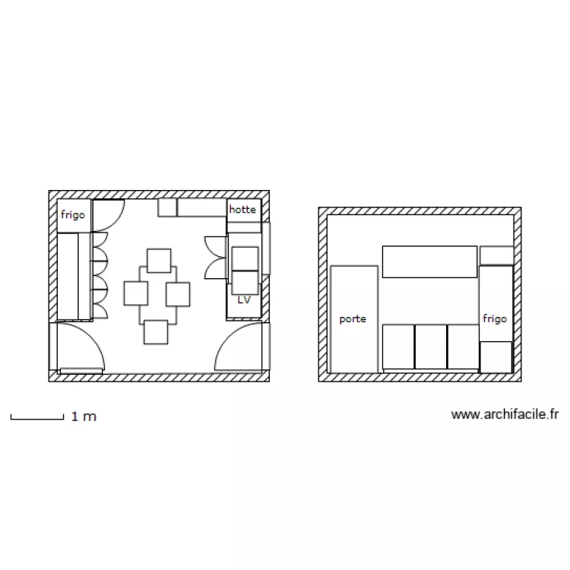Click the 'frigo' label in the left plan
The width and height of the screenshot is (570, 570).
74,215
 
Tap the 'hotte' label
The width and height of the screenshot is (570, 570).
242,208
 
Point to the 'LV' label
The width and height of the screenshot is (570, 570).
244,300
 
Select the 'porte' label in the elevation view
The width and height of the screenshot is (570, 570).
353,319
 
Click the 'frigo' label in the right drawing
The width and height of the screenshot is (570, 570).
494,319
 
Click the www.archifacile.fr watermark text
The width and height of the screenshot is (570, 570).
505,414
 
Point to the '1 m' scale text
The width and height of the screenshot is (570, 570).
84,416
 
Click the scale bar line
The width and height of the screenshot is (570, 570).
36,418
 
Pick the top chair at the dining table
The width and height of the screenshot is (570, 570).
159,261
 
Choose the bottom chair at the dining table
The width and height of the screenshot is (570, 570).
155,332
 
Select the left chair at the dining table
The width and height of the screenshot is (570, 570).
136,293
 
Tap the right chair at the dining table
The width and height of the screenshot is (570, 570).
177,293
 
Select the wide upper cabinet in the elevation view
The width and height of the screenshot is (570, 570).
429,261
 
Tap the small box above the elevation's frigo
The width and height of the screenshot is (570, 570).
496,255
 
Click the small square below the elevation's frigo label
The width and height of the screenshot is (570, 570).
496,357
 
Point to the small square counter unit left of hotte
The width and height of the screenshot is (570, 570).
167,207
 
